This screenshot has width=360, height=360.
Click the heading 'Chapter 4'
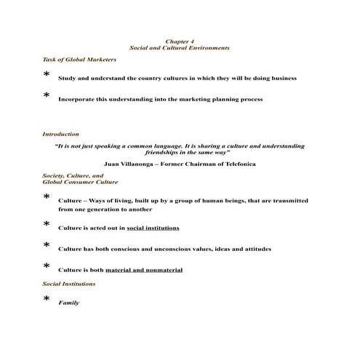[179, 41]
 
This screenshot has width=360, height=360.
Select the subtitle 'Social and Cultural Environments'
[179, 47]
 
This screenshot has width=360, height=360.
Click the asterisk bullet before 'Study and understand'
[47, 75]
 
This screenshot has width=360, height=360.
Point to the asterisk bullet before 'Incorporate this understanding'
[47, 96]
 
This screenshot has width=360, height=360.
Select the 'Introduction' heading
[61, 134]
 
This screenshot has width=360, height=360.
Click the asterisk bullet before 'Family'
[47, 300]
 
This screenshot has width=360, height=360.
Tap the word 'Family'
[68, 303]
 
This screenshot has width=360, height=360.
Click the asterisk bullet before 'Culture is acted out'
[47, 225]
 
